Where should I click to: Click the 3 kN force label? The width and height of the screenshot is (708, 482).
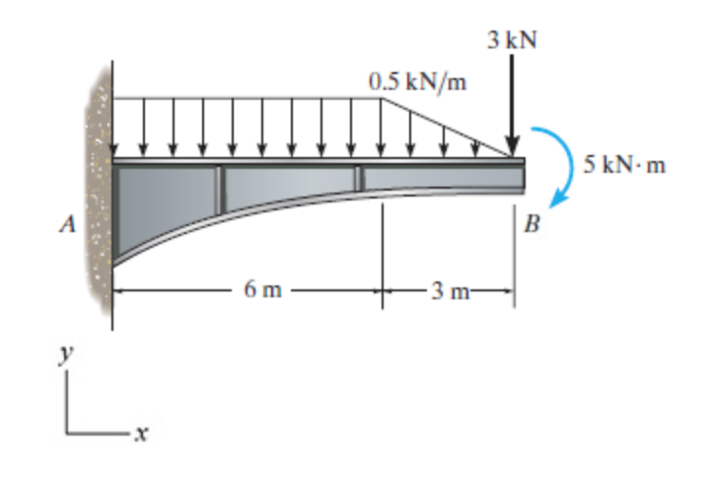click(513, 40)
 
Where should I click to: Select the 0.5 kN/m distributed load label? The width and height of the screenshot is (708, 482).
click(418, 81)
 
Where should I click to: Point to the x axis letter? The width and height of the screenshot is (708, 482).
click(143, 432)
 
